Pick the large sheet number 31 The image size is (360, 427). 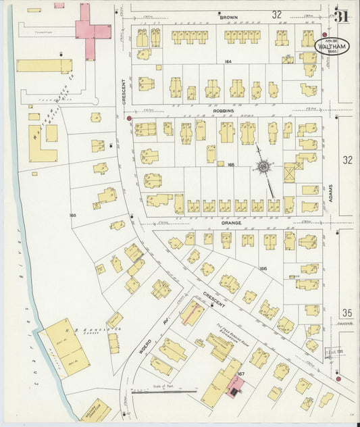pyautogui.click(x=341, y=16)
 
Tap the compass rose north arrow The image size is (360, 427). pyautogui.click(x=264, y=166)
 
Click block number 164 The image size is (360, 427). pyautogui.click(x=228, y=61)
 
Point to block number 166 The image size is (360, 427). pyautogui.click(x=263, y=268)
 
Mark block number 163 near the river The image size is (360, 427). pyautogui.click(x=72, y=216)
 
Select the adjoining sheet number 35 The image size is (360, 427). pyautogui.click(x=347, y=312)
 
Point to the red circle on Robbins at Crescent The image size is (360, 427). pyautogui.click(x=129, y=118)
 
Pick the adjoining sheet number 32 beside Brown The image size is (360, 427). pyautogui.click(x=277, y=14)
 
